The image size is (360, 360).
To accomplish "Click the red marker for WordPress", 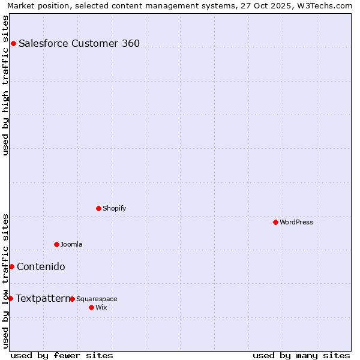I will pos(275,222).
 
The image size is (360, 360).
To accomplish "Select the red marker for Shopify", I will pos(98,208).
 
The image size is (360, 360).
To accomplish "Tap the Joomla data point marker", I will pos(56,244).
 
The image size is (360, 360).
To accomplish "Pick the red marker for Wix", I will pos(91,307).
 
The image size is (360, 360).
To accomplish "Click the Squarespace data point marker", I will pos(72,299).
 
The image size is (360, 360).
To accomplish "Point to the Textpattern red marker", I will pos(10,298).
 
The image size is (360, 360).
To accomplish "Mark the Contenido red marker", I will pos(11,266).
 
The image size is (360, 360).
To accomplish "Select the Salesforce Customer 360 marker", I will pos(13,43).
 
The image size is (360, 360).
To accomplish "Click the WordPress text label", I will pos(296,222).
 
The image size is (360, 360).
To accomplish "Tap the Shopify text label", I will pos(115,208).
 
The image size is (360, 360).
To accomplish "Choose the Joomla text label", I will pos(71,244).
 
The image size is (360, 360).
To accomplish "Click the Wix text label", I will pos(101,307).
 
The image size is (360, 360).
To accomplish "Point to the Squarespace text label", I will pos(97,299).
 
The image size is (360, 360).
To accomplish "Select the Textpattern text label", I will pos(43,298).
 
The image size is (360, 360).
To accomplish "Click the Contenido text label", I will pos(41,266).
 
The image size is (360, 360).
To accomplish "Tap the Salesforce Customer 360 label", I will pos(79,43).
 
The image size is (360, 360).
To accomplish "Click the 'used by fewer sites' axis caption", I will pos(62,355).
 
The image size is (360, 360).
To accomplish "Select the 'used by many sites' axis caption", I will pos(301,355).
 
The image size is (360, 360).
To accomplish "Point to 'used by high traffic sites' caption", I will pos(5,85).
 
